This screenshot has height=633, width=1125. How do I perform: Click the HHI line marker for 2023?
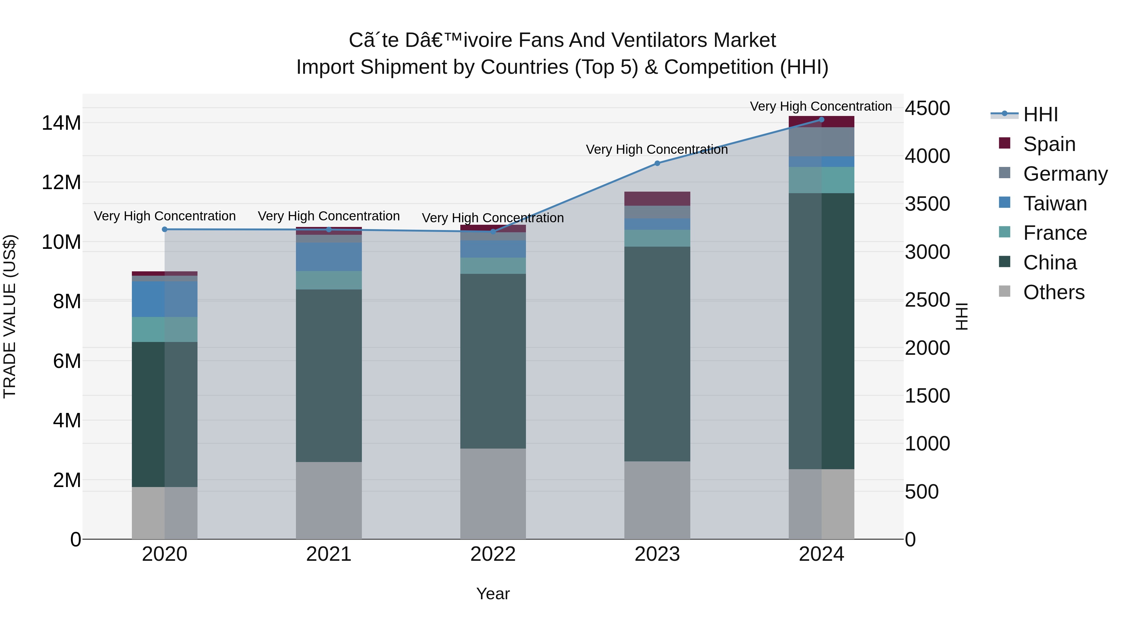(x=657, y=163)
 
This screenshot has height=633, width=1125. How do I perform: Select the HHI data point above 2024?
(x=822, y=120)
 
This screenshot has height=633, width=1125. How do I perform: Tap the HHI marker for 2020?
(x=165, y=229)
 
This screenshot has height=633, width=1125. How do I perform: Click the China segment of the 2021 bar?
(x=329, y=376)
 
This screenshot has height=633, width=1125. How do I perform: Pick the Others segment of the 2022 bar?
(x=493, y=494)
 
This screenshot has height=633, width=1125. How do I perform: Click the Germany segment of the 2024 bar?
(x=822, y=142)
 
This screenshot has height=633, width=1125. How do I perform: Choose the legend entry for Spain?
(x=1048, y=144)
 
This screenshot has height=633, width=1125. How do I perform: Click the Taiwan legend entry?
(x=1054, y=203)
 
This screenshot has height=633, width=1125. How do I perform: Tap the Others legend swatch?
(x=1004, y=291)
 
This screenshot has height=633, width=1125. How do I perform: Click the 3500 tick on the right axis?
(x=927, y=204)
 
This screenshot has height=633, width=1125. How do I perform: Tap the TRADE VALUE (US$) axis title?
(x=10, y=316)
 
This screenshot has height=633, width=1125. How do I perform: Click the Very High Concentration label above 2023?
(x=657, y=150)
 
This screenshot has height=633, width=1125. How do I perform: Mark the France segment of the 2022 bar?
(x=493, y=266)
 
